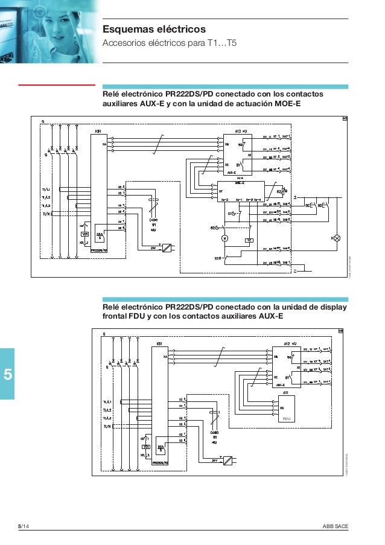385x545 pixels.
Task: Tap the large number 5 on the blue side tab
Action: tap(8, 374)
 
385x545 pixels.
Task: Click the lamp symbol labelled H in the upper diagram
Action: tap(337, 238)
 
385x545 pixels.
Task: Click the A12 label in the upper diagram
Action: tap(238, 130)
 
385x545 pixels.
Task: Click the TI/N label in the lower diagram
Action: tap(107, 426)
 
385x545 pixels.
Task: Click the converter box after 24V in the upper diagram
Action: tap(168, 247)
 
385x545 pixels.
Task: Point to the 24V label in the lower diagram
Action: tap(214, 461)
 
